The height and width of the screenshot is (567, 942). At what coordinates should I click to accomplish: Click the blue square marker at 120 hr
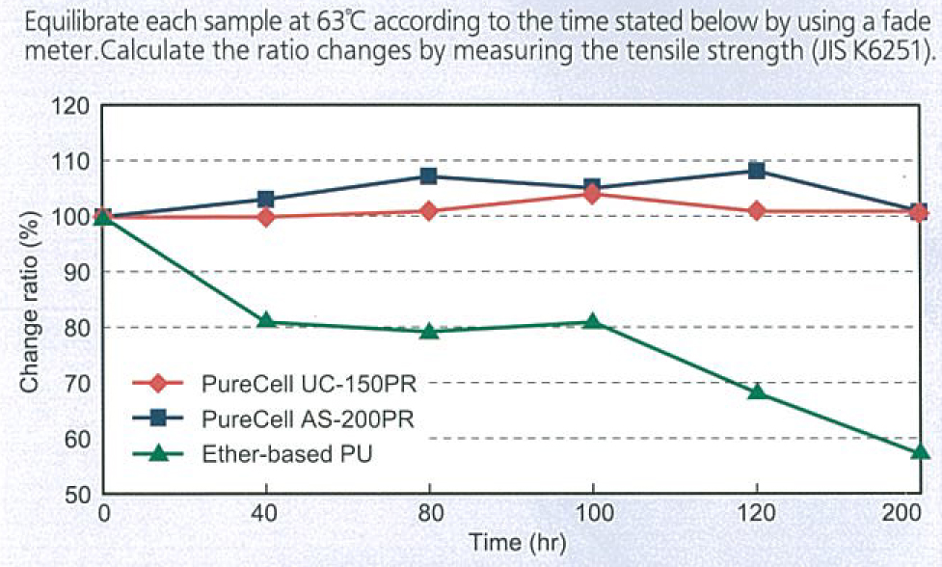757,171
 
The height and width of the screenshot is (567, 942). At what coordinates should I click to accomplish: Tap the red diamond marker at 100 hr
592,194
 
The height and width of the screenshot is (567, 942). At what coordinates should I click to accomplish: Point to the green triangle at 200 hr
919,450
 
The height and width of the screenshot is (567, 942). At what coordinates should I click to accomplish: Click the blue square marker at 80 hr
429,175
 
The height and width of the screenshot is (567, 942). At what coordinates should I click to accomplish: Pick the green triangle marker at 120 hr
757,391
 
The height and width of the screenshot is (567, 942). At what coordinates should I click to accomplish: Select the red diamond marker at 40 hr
266,216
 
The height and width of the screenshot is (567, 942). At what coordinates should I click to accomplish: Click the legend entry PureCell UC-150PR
308,383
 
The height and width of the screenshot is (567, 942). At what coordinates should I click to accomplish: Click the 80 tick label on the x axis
429,513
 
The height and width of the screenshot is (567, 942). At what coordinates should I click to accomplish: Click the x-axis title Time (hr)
511,542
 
